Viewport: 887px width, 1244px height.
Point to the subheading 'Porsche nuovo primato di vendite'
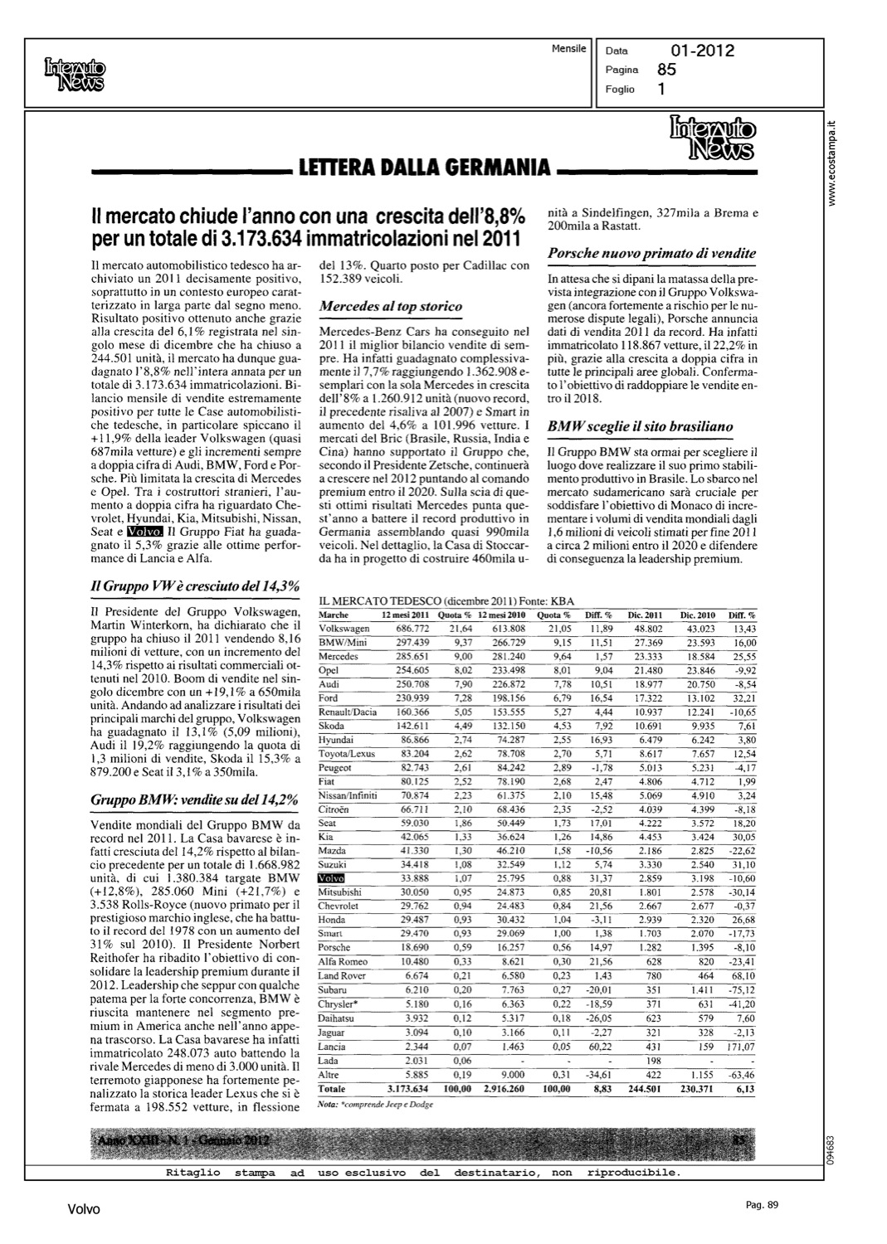coord(652,253)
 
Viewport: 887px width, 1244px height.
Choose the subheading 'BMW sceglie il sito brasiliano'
coord(641,426)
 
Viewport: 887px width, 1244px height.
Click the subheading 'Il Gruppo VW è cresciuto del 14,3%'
coord(193,586)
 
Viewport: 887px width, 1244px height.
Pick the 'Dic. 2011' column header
coord(644,615)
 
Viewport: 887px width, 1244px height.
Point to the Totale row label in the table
coord(333,1088)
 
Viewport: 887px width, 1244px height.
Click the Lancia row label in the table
coord(333,1047)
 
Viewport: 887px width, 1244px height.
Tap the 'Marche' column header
coord(334,615)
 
